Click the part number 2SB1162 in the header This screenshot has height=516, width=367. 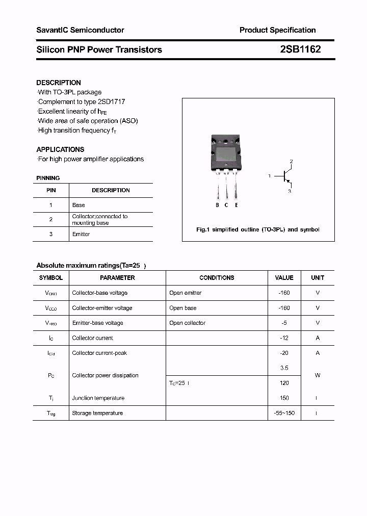(300, 49)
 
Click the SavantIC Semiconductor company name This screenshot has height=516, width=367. (80, 30)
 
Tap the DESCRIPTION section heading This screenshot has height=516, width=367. (59, 83)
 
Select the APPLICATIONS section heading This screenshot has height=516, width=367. (60, 149)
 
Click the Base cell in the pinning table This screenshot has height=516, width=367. (78, 205)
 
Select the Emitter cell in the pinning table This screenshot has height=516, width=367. (81, 234)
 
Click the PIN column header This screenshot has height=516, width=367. (51, 190)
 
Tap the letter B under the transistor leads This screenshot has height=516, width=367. (217, 205)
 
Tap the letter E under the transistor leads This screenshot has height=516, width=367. (237, 205)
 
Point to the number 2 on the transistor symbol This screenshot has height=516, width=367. (291, 162)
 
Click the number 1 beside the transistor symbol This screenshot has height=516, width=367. (269, 176)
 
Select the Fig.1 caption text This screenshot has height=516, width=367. (258, 229)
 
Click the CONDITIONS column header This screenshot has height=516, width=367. (217, 278)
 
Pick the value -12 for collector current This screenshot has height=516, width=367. (284, 338)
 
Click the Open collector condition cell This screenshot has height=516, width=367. (187, 323)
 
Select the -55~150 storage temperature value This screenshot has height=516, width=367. (284, 413)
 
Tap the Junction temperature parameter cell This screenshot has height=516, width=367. (98, 398)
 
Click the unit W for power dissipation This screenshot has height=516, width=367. (317, 375)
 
